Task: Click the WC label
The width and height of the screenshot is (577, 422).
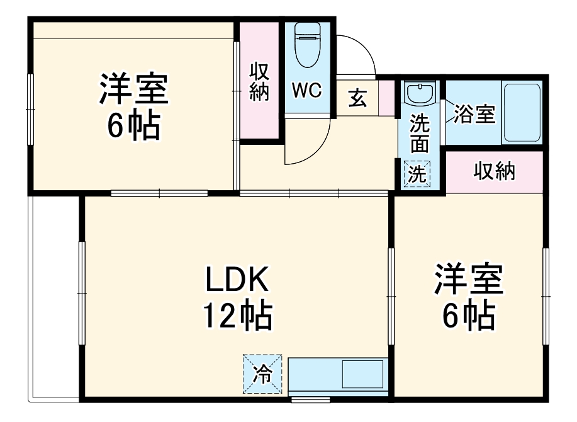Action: (307, 90)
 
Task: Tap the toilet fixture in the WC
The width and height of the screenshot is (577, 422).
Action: (307, 44)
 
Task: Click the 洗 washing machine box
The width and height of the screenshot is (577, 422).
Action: (417, 174)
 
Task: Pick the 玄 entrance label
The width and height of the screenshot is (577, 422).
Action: (357, 99)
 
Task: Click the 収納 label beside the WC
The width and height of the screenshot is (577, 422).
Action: (259, 82)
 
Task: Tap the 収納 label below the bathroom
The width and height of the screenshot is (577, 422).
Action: (494, 171)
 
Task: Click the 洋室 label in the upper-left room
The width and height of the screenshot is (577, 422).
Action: (133, 90)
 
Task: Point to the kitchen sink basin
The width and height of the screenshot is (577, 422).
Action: (361, 377)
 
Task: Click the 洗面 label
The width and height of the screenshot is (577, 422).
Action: (419, 133)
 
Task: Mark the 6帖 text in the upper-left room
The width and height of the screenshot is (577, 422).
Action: (133, 127)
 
